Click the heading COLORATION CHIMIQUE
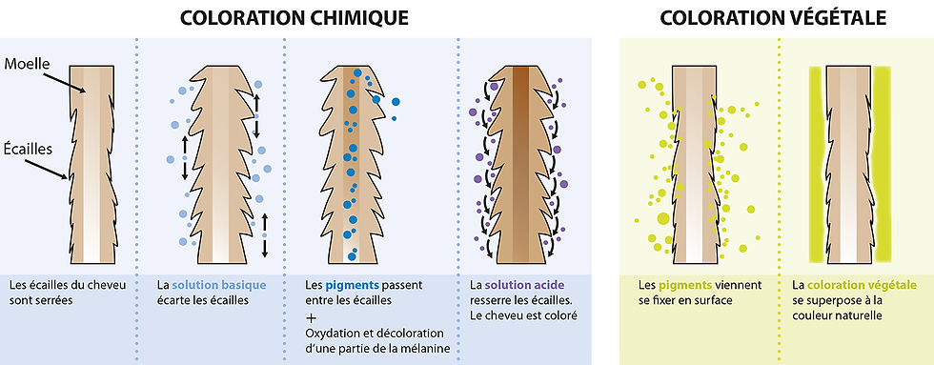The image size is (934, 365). pyautogui.click(x=295, y=18)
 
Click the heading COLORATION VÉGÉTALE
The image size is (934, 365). pyautogui.click(x=773, y=18)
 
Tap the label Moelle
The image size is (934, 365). pyautogui.click(x=28, y=64)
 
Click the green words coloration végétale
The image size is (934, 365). pyautogui.click(x=862, y=285)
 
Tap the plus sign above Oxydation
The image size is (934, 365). pyautogui.click(x=312, y=315)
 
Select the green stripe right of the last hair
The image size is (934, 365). pyautogui.click(x=882, y=162)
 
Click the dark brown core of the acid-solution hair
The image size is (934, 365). pyautogui.click(x=519, y=162)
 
